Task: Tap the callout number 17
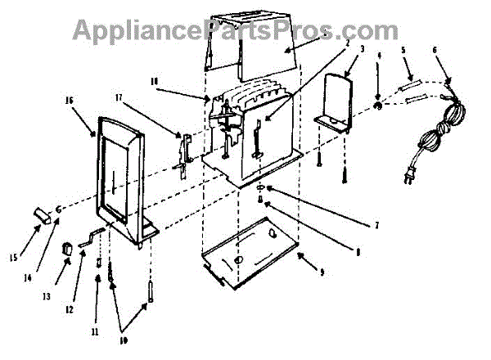pos(119,98)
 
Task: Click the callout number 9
pos(321,272)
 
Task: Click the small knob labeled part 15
pos(40,215)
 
